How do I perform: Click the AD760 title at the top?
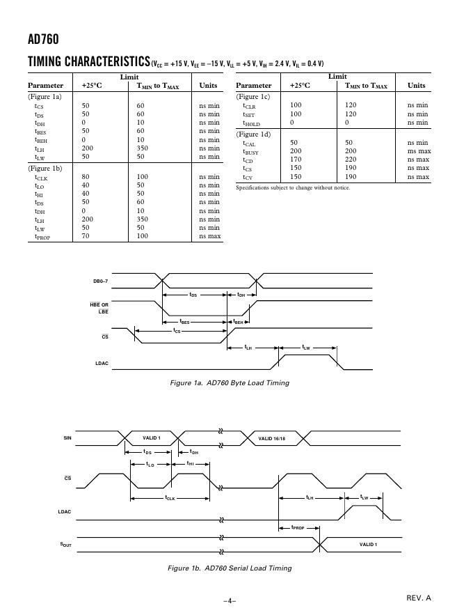38,40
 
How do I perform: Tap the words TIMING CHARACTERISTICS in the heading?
88,62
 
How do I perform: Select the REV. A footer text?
419,598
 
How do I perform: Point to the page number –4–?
230,601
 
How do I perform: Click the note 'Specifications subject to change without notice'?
293,187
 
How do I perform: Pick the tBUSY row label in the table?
250,151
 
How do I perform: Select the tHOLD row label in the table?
251,123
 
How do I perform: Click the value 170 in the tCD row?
295,160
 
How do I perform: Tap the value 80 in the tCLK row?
86,177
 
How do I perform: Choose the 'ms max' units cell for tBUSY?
419,151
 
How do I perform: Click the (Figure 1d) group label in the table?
253,134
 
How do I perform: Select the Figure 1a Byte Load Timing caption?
230,382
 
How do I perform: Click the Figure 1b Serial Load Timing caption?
230,568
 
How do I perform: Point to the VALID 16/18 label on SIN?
272,438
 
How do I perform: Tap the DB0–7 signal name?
102,281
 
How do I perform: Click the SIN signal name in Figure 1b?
67,438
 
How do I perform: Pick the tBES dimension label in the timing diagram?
185,322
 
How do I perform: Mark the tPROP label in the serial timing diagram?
298,527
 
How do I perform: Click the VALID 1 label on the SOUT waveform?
368,544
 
